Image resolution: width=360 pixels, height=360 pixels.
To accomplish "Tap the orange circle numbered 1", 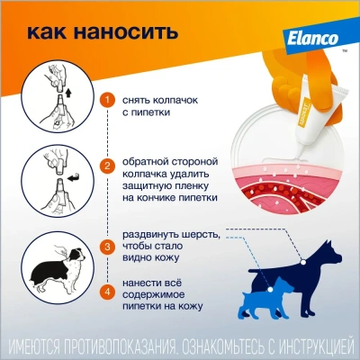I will pyautogui.click(x=108, y=99).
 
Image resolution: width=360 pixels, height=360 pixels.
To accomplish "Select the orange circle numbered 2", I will pyautogui.click(x=108, y=167).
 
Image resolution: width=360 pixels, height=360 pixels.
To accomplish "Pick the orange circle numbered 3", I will pyautogui.click(x=108, y=246).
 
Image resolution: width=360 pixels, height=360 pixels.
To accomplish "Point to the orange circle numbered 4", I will pyautogui.click(x=108, y=290).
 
